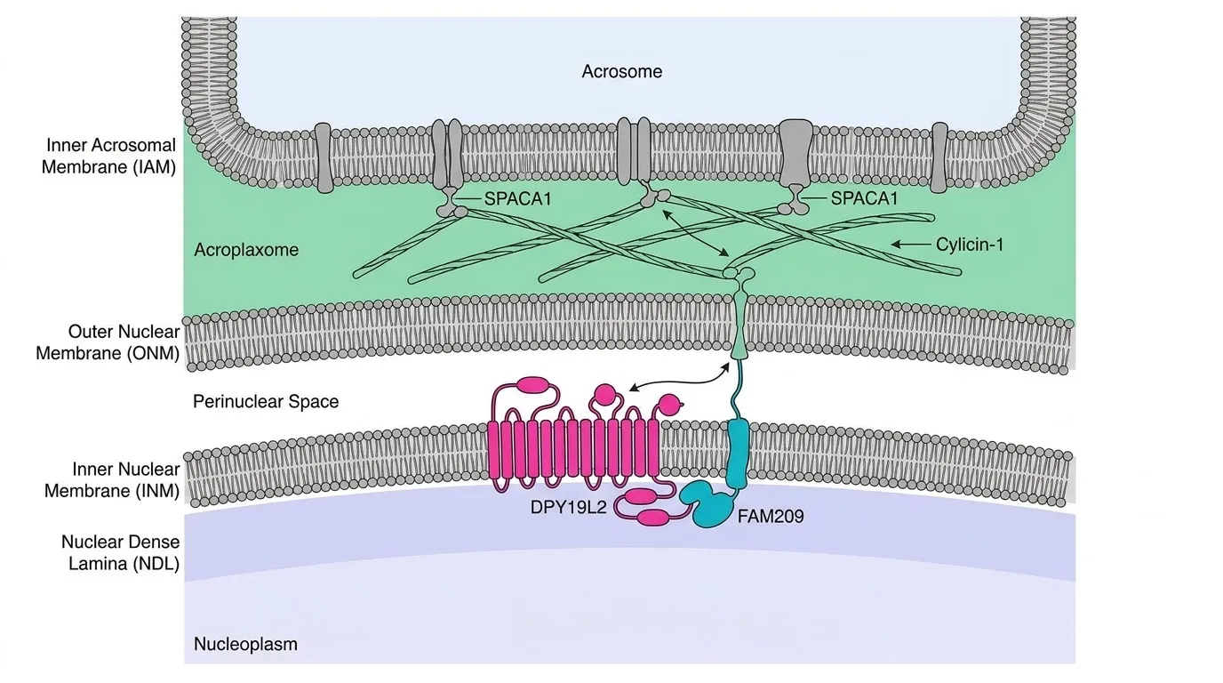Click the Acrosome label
(621, 71)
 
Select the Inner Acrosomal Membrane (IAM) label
(109, 157)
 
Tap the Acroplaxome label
(246, 250)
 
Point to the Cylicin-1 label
(970, 245)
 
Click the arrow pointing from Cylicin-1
(911, 245)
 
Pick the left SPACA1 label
(517, 199)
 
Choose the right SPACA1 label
(864, 198)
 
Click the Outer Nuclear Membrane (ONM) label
(108, 342)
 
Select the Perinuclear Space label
(266, 402)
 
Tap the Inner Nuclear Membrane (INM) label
(112, 479)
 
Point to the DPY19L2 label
(568, 507)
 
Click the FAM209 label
(771, 517)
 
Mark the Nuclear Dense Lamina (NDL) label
(120, 552)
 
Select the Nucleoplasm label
(245, 644)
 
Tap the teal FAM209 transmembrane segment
(739, 453)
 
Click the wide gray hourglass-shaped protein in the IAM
(795, 152)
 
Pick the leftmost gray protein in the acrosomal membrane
(324, 157)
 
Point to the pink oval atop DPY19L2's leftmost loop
(534, 385)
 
